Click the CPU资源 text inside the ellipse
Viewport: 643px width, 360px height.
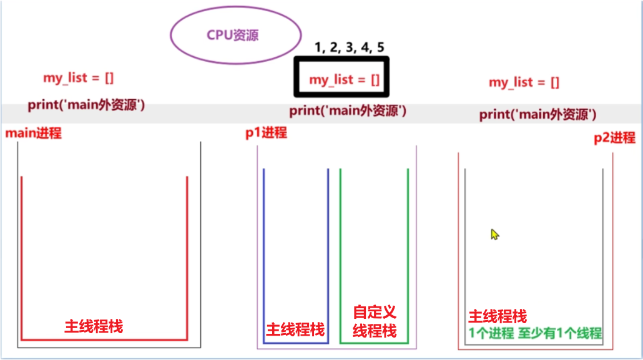[232, 36]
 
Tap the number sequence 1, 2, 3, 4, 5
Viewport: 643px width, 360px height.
[350, 47]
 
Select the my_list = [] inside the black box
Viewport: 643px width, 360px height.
[345, 79]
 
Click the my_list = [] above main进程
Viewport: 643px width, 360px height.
[78, 77]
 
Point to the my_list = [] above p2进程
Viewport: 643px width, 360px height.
[524, 82]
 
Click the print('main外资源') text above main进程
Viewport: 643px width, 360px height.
[86, 105]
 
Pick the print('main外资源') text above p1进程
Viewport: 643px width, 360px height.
[348, 110]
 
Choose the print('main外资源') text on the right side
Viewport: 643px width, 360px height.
[537, 114]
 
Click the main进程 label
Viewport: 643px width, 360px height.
[33, 133]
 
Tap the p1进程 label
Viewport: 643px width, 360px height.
[266, 132]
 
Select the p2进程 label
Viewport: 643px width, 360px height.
[615, 138]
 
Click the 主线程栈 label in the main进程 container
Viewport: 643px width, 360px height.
[94, 326]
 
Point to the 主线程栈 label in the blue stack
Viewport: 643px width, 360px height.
[296, 329]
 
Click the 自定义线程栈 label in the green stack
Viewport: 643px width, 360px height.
[375, 321]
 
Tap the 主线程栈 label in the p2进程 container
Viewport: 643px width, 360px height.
[498, 316]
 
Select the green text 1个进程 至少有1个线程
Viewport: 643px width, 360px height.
[535, 333]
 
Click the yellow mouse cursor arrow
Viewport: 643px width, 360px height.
[494, 235]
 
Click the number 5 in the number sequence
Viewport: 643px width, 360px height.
[381, 47]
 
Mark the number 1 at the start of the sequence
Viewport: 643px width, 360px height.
[318, 47]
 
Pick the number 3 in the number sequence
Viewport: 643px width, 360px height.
[350, 47]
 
